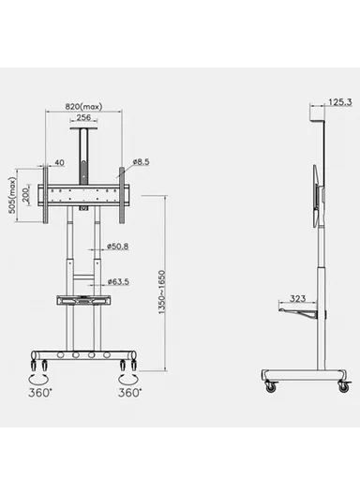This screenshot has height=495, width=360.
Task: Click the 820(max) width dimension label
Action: click(x=83, y=106)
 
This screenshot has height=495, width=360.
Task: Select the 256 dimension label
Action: click(x=83, y=118)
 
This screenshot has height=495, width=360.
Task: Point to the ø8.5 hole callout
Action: click(x=141, y=162)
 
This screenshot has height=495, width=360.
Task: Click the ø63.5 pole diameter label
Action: click(x=117, y=280)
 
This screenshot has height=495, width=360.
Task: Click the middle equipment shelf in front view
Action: click(x=82, y=301)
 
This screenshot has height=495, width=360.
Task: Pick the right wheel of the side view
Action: click(x=340, y=384)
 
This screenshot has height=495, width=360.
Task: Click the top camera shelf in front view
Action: click(x=82, y=133)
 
